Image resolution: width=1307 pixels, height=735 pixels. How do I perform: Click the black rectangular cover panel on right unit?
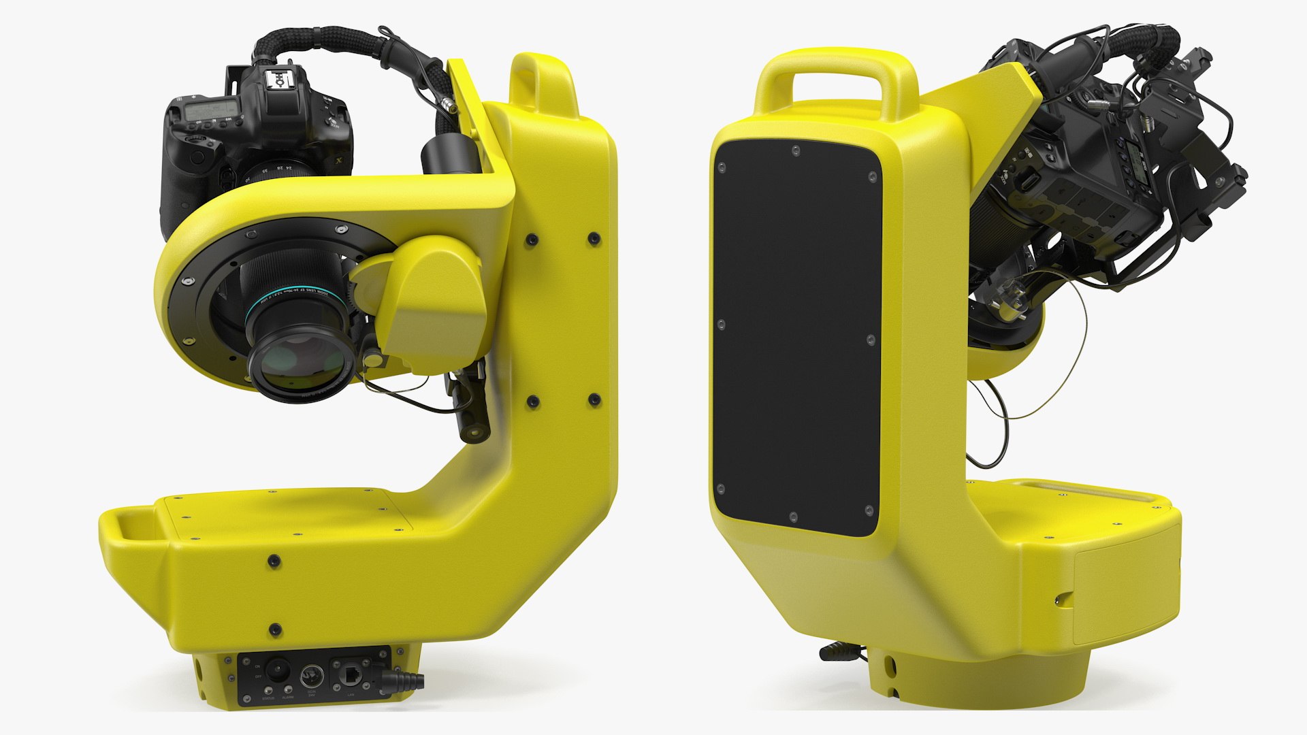click(x=796, y=333)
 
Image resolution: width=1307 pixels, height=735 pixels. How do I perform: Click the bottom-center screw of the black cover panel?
click(x=792, y=517)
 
